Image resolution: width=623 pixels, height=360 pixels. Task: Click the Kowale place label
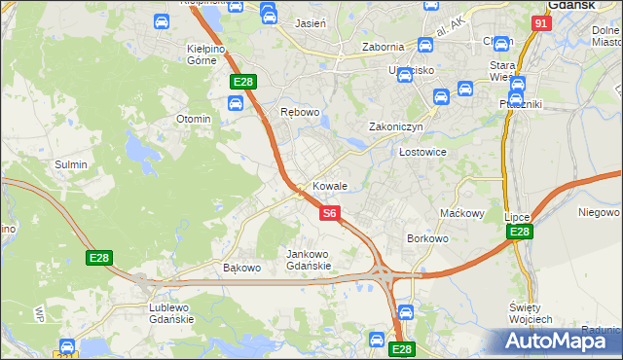[x=330, y=185]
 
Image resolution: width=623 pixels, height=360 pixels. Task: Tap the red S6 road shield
[x=330, y=212]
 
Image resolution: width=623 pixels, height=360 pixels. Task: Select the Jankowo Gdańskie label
[x=309, y=260]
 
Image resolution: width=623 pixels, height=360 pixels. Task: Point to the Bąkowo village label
[x=242, y=268]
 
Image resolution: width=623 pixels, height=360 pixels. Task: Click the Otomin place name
[x=193, y=119]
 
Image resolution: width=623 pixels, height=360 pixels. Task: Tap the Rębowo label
[x=300, y=112]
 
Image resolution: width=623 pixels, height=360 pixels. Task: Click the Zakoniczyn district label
[x=395, y=126]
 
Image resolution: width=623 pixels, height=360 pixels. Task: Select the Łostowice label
[x=422, y=152]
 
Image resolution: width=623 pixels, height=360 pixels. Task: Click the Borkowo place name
[x=427, y=237]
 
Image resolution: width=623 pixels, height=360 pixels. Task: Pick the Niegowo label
[x=599, y=211]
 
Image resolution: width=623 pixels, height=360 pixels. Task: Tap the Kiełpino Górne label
[x=206, y=54]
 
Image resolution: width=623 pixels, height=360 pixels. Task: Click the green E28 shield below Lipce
[x=520, y=232]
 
